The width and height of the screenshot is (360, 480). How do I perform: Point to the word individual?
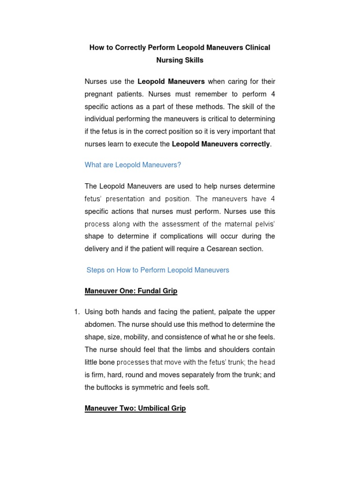coord(99,119)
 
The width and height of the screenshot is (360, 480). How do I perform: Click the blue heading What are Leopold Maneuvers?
coord(133,165)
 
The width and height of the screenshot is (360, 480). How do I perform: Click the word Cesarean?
coord(219,249)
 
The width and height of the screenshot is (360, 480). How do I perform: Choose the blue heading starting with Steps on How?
coord(158,270)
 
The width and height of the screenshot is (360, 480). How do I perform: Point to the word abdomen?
coord(99,324)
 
